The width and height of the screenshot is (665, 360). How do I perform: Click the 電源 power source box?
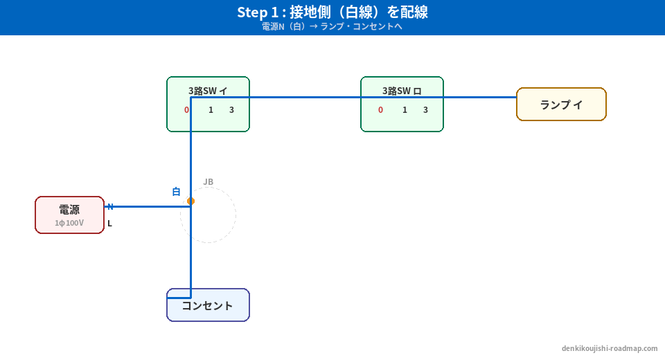pyautogui.click(x=69, y=215)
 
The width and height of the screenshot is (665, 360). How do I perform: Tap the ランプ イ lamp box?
pyautogui.click(x=561, y=105)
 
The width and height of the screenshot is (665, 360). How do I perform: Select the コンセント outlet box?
pyautogui.click(x=208, y=305)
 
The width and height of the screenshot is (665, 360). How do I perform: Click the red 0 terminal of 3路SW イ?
pyautogui.click(x=186, y=110)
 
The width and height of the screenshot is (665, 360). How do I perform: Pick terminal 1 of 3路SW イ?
pyautogui.click(x=211, y=110)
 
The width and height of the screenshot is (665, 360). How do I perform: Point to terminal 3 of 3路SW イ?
pyautogui.click(x=231, y=110)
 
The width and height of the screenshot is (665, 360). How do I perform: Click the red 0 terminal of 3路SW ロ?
pyautogui.click(x=380, y=110)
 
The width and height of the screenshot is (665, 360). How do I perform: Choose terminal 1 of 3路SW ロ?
pyautogui.click(x=405, y=110)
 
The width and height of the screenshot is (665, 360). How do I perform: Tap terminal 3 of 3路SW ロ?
pyautogui.click(x=425, y=110)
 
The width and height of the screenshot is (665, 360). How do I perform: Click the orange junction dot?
pyautogui.click(x=190, y=201)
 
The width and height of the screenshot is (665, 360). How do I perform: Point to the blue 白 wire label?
pyautogui.click(x=176, y=192)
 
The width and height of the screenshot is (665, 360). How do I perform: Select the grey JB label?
pyautogui.click(x=208, y=182)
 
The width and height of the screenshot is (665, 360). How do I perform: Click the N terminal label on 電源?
pyautogui.click(x=109, y=207)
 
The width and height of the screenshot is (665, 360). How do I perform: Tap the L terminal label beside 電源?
pyautogui.click(x=109, y=224)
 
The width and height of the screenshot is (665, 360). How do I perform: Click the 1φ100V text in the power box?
pyautogui.click(x=69, y=223)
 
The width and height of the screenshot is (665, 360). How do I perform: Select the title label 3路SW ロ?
pyautogui.click(x=402, y=91)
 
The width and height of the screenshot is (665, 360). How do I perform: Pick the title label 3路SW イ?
pyautogui.click(x=208, y=91)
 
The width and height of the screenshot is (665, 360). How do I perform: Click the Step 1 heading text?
pyautogui.click(x=332, y=12)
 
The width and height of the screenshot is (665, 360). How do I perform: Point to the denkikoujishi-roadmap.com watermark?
pyautogui.click(x=610, y=349)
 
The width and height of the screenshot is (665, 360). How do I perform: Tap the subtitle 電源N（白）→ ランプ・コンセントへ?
pyautogui.click(x=332, y=27)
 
